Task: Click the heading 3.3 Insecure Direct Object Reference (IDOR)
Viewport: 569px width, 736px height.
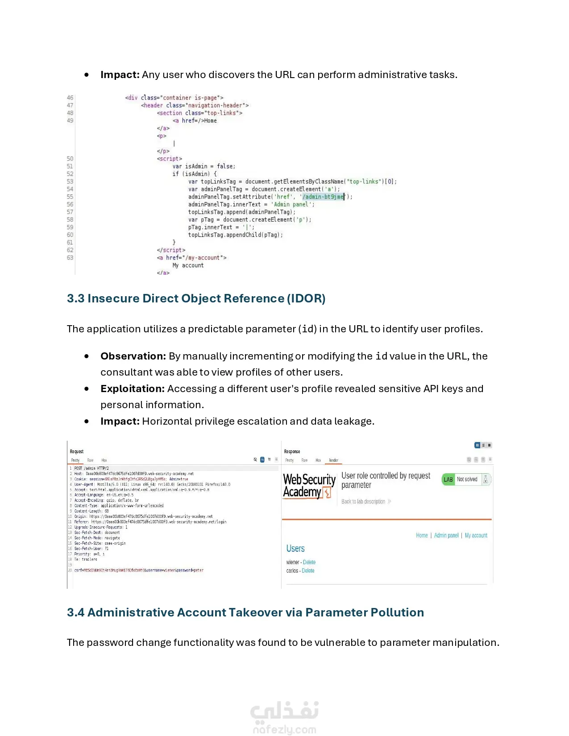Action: (196, 298)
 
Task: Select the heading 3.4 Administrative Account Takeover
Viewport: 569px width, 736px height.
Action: (245, 612)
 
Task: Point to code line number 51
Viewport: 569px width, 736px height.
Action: (70, 166)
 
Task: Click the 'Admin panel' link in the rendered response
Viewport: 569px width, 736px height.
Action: (446, 535)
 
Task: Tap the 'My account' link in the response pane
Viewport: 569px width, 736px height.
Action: (476, 535)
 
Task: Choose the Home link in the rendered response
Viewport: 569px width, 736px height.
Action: (422, 535)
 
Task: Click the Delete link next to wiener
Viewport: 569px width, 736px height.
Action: (309, 562)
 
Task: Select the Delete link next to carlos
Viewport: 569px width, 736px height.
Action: (308, 571)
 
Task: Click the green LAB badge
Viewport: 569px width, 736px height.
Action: (448, 480)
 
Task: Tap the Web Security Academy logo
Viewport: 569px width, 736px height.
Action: (309, 486)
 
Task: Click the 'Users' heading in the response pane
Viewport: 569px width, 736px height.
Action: (295, 549)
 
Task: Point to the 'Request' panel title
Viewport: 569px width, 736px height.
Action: (77, 451)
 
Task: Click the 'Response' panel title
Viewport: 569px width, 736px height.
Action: (292, 451)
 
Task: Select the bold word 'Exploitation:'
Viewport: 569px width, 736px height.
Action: (133, 389)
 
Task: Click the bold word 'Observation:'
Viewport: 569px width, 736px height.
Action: (133, 356)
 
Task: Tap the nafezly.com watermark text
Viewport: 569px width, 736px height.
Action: (284, 730)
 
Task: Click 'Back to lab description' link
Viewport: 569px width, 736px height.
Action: (363, 502)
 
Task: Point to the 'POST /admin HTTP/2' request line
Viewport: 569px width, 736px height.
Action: (91, 468)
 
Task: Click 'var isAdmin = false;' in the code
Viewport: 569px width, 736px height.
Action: (204, 166)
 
